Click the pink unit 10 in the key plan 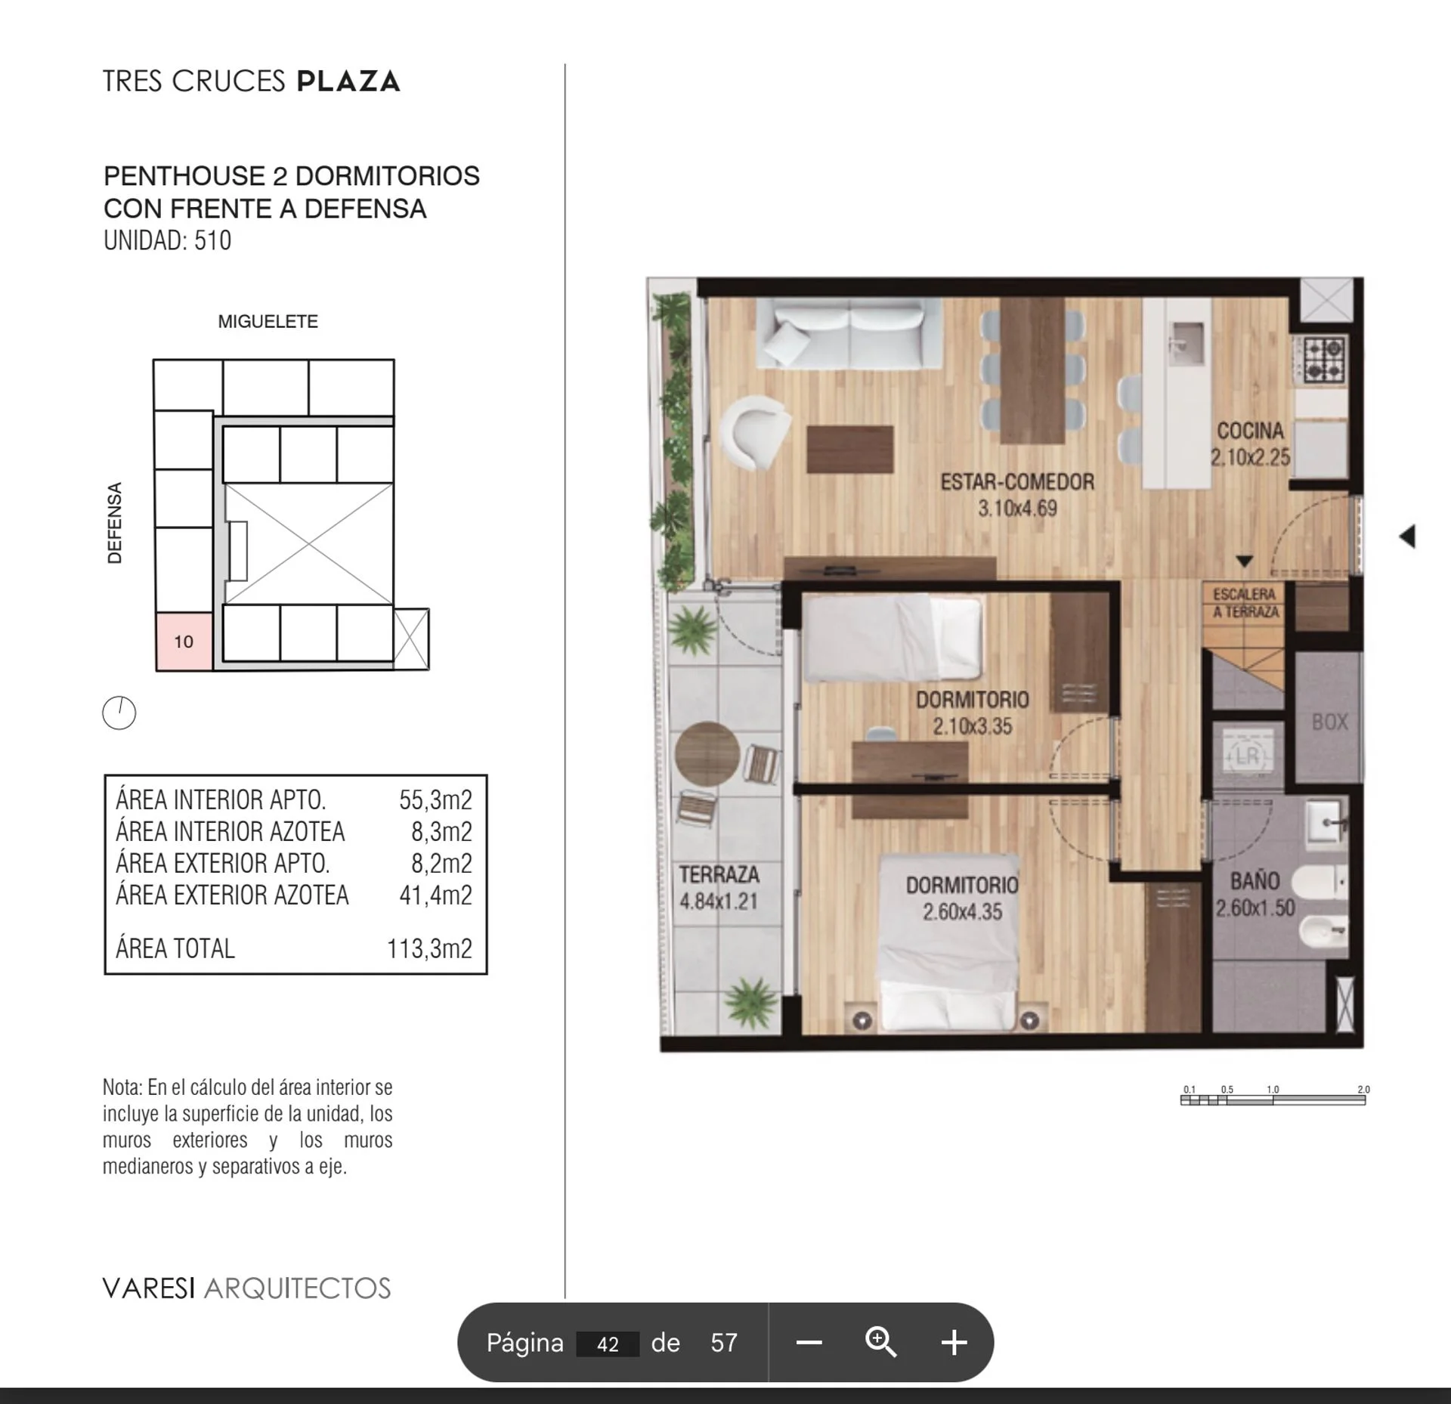click(184, 642)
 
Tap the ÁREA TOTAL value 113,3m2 click(429, 948)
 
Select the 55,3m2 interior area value click(435, 799)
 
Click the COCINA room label click(1250, 431)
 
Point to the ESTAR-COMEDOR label click(1017, 481)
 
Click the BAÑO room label click(1255, 881)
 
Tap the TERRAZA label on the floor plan click(719, 874)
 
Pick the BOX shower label click(1330, 722)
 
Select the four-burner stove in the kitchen click(1323, 359)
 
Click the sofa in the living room click(849, 334)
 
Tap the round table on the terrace click(707, 754)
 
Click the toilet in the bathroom click(1320, 882)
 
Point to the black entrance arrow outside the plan click(1406, 537)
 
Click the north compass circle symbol click(119, 713)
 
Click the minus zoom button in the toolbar click(809, 1342)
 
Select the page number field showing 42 click(608, 1344)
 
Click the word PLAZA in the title click(348, 82)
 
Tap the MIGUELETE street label click(268, 322)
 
